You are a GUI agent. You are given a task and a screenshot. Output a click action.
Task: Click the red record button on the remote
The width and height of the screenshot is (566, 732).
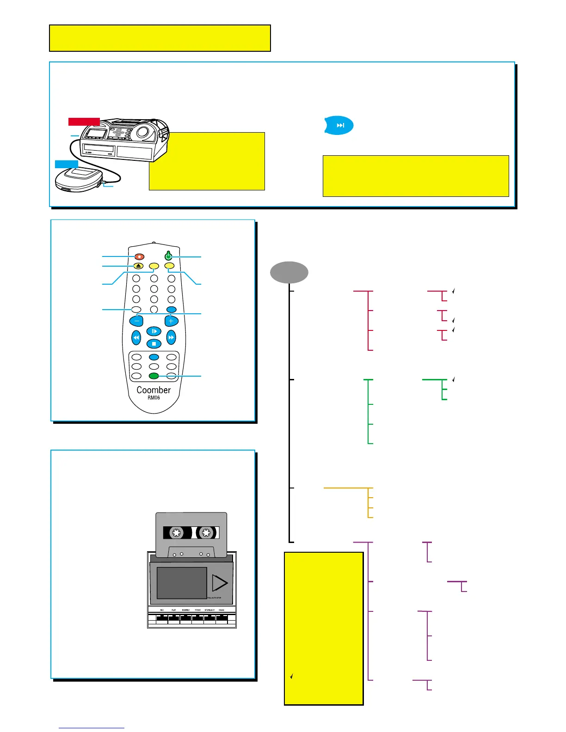pyautogui.click(x=139, y=256)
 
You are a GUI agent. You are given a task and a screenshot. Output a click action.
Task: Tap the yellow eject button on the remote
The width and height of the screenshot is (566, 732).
pyautogui.click(x=138, y=266)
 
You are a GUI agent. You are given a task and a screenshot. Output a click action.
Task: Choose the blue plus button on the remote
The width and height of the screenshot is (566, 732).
pyautogui.click(x=171, y=320)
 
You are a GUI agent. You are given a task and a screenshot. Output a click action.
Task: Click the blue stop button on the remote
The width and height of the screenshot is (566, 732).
pyautogui.click(x=154, y=343)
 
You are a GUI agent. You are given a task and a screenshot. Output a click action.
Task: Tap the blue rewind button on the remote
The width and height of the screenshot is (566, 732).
pyautogui.click(x=136, y=338)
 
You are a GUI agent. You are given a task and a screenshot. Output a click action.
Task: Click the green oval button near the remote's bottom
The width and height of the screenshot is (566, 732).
pyautogui.click(x=154, y=376)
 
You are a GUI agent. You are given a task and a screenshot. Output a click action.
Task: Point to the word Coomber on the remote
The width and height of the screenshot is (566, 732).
pyautogui.click(x=154, y=390)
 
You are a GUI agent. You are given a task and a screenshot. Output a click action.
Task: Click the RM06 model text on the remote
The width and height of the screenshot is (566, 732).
pyautogui.click(x=154, y=398)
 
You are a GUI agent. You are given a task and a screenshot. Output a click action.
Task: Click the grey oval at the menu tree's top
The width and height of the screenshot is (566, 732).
pyautogui.click(x=289, y=272)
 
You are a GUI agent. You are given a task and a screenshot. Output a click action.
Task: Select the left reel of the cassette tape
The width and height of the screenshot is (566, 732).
pyautogui.click(x=176, y=533)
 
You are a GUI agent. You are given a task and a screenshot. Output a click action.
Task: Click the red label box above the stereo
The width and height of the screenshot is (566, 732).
pyautogui.click(x=84, y=122)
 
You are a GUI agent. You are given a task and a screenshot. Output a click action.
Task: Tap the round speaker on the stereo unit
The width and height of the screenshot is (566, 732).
pyautogui.click(x=142, y=132)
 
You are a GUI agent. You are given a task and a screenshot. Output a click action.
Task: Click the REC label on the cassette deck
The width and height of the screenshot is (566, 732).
pyautogui.click(x=162, y=610)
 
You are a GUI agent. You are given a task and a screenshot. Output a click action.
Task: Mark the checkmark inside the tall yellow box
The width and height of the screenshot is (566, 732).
pyautogui.click(x=291, y=677)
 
